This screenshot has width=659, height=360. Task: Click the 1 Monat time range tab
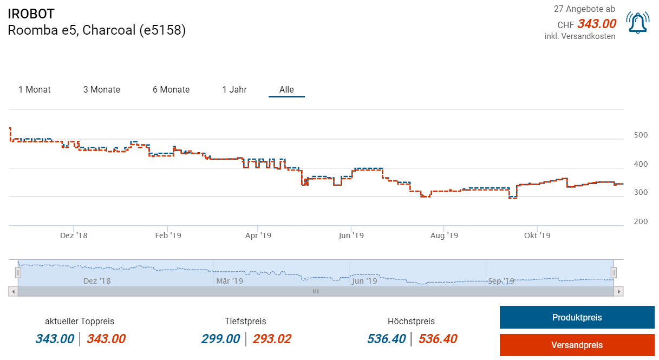click(x=35, y=90)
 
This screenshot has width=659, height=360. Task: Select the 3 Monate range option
click(x=102, y=90)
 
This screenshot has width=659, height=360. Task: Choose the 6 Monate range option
click(x=171, y=90)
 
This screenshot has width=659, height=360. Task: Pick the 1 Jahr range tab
click(x=234, y=90)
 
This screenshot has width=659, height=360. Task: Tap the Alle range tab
click(x=286, y=90)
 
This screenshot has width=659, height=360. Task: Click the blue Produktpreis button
click(x=577, y=317)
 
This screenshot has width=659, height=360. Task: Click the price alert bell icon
click(x=638, y=23)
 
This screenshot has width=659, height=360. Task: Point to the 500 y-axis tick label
click(x=641, y=135)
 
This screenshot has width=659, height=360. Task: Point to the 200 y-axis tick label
click(x=641, y=221)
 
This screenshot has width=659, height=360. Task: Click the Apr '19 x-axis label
click(x=258, y=235)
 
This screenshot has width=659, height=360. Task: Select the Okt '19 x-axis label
click(x=537, y=235)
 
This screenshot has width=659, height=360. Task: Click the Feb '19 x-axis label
click(x=168, y=235)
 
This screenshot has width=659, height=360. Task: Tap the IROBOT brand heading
click(x=31, y=14)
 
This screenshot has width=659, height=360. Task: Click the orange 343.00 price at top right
click(x=596, y=24)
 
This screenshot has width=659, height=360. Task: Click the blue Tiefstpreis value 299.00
click(x=220, y=339)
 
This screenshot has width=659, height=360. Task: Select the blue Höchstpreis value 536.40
click(x=386, y=339)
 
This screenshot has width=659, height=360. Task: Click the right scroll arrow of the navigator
click(x=619, y=291)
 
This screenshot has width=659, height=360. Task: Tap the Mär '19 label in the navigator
click(x=230, y=281)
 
